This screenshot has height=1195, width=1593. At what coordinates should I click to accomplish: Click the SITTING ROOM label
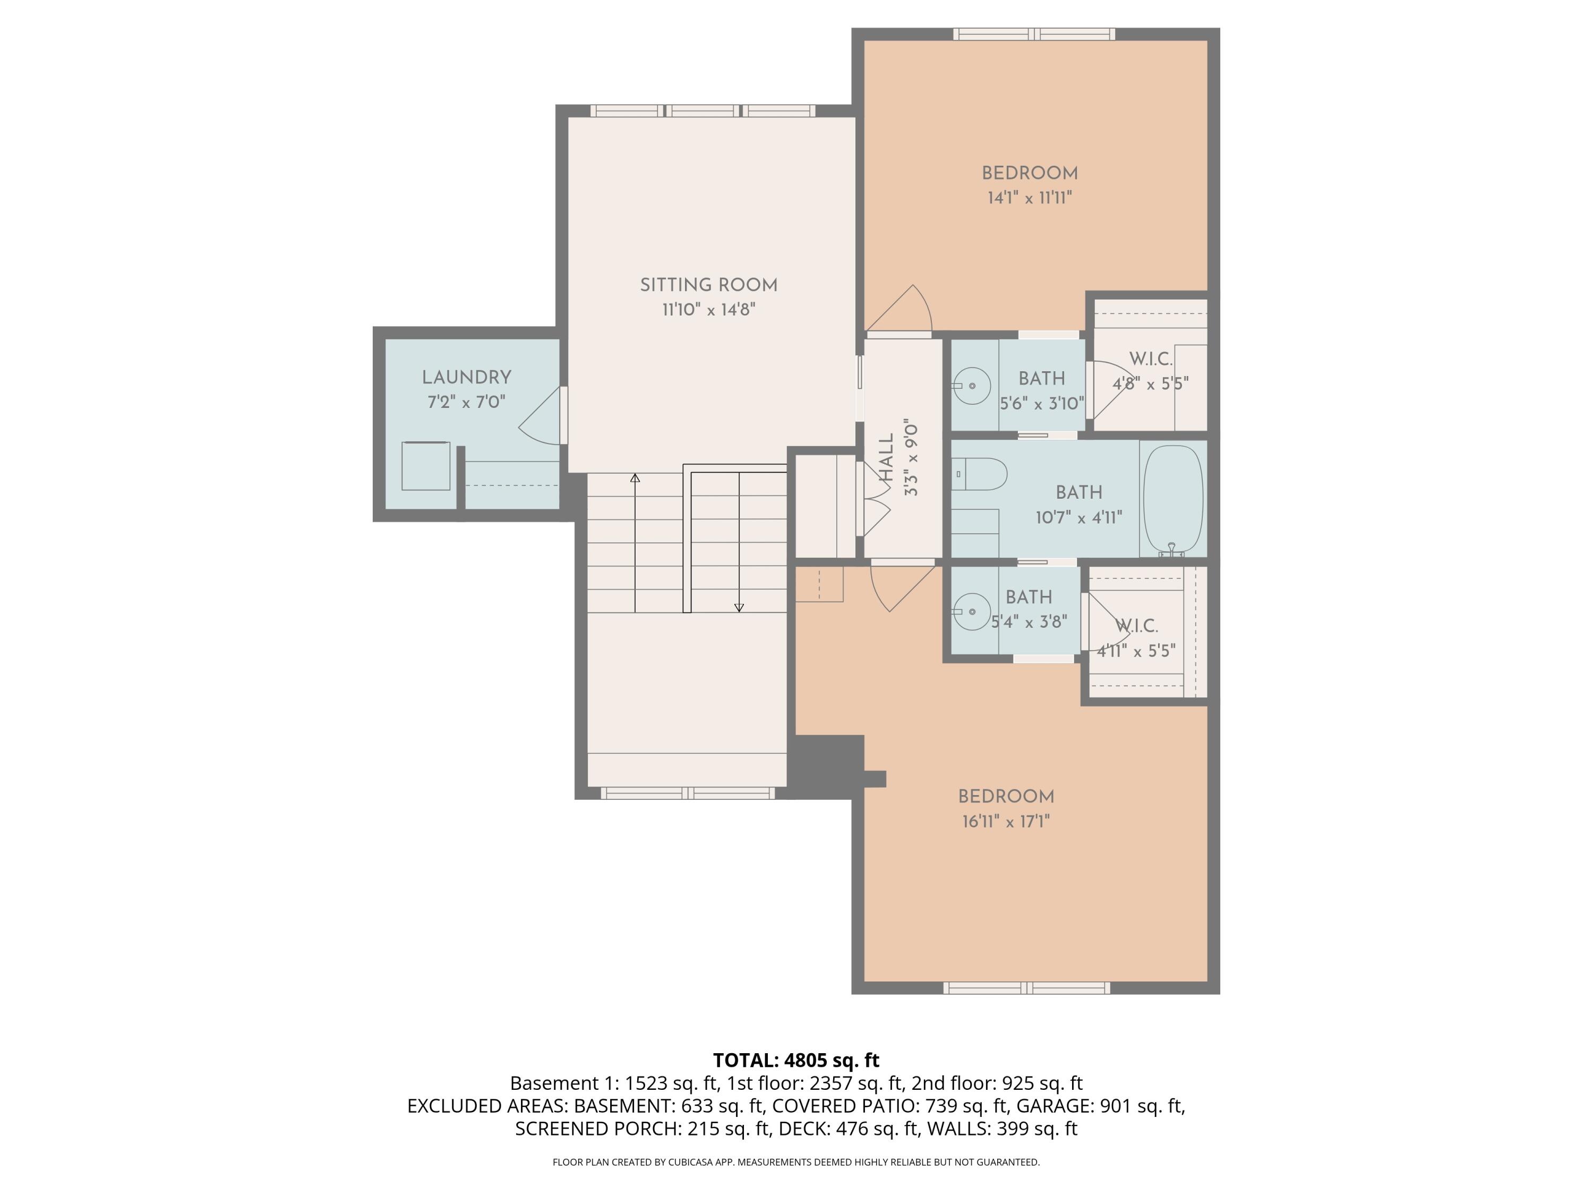[x=709, y=285]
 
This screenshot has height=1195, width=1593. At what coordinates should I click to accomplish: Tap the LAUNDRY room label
[x=467, y=378]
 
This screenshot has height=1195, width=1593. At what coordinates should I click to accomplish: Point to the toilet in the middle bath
[x=979, y=474]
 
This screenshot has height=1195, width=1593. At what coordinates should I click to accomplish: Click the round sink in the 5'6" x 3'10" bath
[x=972, y=386]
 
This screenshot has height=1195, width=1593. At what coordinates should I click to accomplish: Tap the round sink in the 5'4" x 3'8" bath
[x=972, y=611]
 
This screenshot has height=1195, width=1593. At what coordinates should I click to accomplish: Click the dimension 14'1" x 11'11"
[x=1030, y=198]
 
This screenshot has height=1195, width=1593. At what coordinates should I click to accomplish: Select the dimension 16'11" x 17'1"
[x=1006, y=822]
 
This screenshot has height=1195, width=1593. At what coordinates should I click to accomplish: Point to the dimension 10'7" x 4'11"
[x=1079, y=518]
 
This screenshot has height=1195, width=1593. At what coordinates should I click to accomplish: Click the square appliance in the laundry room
[x=426, y=466]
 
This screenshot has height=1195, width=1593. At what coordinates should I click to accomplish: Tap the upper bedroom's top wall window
[x=1034, y=34]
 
